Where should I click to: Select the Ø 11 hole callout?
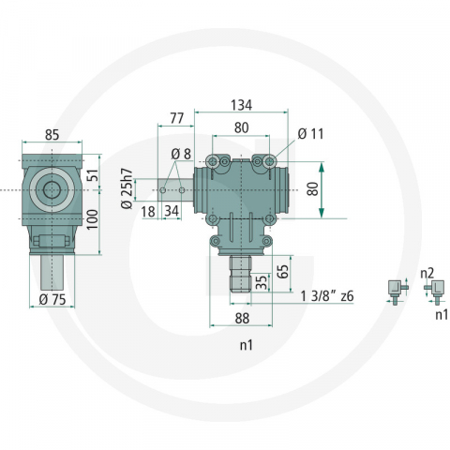point(309,134)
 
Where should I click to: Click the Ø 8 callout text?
point(180,154)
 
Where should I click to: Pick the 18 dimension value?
point(146,212)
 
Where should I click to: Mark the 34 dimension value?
point(172,212)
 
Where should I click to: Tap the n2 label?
point(427,275)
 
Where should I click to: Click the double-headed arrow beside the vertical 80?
point(322,188)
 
